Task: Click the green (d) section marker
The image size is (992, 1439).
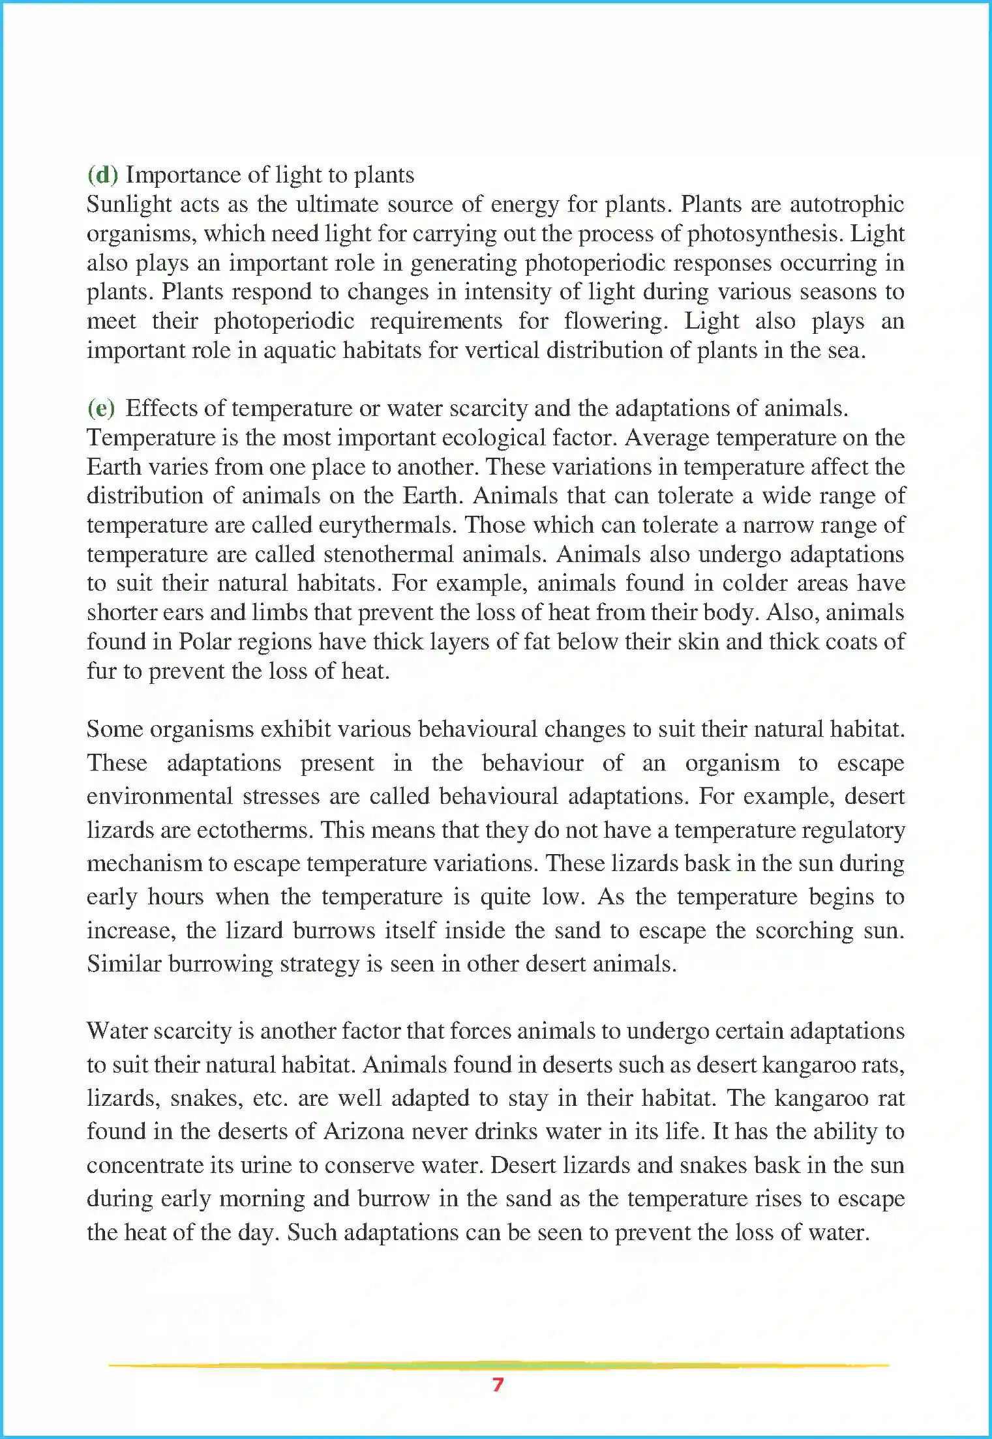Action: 102,175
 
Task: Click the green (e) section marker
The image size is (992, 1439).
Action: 101,408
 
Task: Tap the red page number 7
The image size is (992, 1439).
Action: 498,1384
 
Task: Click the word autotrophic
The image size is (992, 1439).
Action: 847,204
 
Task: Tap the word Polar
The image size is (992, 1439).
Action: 205,642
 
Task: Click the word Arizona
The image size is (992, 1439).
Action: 364,1131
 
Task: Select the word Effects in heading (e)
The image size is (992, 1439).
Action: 161,408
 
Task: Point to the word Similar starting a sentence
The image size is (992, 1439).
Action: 124,964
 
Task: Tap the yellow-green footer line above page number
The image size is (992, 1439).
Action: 498,1365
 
